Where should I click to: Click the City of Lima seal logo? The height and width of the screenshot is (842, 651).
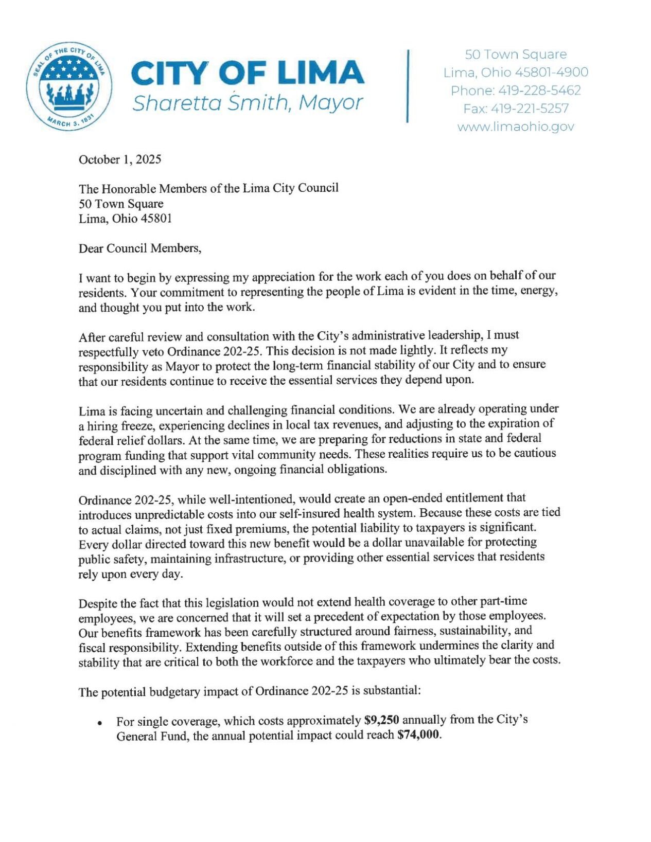coord(69,86)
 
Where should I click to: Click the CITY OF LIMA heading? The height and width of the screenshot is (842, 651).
coord(248,73)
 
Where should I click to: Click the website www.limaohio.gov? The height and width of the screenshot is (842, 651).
coord(516,127)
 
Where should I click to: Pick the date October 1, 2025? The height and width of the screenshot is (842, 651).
coord(120,159)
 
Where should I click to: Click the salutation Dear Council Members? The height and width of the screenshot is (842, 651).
coord(139,248)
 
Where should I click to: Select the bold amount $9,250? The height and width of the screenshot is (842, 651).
coord(381,720)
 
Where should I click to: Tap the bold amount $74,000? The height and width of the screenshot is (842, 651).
coord(419,734)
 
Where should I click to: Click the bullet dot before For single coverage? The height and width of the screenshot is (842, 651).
coord(99,723)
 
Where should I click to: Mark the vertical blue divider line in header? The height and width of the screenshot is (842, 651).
coord(408,86)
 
